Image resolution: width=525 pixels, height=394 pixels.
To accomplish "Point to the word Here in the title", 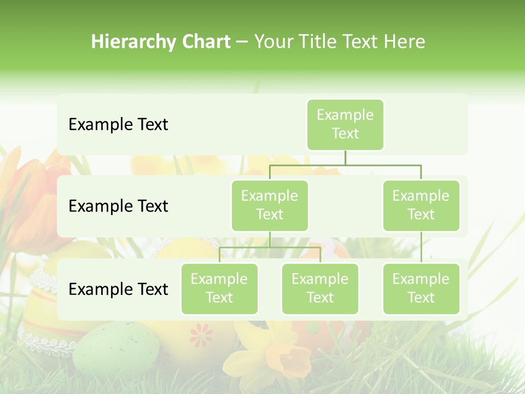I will pyautogui.click(x=405, y=42).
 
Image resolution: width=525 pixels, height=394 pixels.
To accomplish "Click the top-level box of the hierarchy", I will pyautogui.click(x=345, y=124).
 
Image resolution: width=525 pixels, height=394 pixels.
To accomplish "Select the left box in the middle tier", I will pyautogui.click(x=270, y=205).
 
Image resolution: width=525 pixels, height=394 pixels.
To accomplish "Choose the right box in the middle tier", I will pyautogui.click(x=421, y=205).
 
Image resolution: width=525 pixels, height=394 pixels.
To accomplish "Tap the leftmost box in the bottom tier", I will pyautogui.click(x=219, y=288).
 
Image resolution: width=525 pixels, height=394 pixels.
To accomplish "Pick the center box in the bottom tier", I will pyautogui.click(x=320, y=288).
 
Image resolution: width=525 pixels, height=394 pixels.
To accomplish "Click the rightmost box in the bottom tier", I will pyautogui.click(x=421, y=288).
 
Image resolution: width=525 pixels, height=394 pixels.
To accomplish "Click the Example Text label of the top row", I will pyautogui.click(x=118, y=125).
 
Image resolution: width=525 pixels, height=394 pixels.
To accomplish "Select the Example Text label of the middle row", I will pyautogui.click(x=118, y=206).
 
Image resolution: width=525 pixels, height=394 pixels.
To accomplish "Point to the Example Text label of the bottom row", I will pyautogui.click(x=118, y=289).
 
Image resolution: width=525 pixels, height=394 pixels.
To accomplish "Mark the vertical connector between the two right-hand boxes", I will pyautogui.click(x=421, y=247).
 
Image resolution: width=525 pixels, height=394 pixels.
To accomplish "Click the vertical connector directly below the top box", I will pyautogui.click(x=345, y=158).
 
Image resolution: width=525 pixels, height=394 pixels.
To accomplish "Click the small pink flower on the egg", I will pyautogui.click(x=201, y=334).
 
